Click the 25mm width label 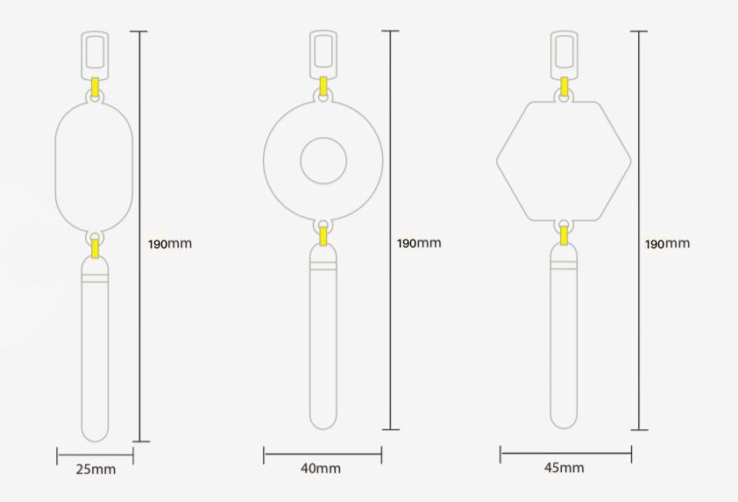click(96, 470)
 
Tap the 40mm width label click(321, 468)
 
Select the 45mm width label click(564, 468)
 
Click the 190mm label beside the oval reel click(170, 244)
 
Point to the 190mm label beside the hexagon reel click(667, 244)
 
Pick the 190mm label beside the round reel click(419, 243)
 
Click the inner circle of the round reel click(323, 138)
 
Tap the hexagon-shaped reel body click(564, 102)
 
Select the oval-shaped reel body click(94, 104)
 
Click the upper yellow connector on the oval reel click(95, 88)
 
